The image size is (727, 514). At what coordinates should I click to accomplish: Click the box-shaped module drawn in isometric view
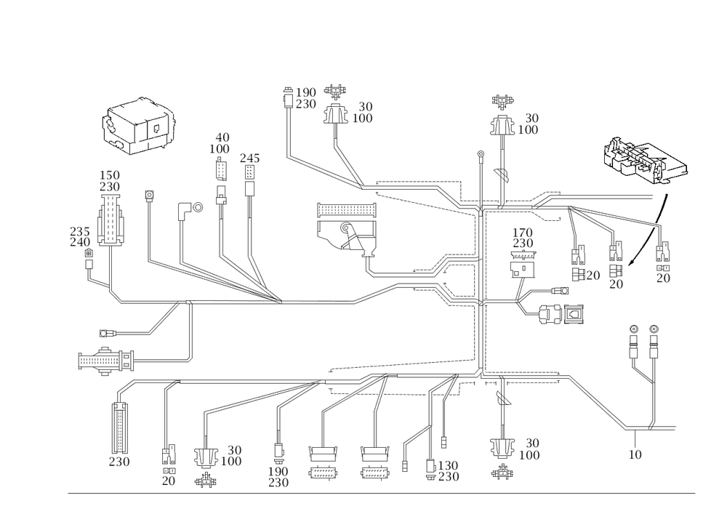click(x=139, y=127)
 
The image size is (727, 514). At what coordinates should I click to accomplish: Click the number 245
click(x=250, y=156)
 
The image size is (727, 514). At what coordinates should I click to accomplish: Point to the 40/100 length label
click(x=222, y=142)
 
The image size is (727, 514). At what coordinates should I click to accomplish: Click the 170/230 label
click(x=523, y=237)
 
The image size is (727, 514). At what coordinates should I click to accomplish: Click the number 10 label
click(x=635, y=454)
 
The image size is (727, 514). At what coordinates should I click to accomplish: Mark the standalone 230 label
click(x=119, y=462)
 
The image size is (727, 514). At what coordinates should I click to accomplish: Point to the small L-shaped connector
click(x=185, y=210)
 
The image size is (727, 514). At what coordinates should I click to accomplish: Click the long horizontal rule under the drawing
click(x=382, y=492)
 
